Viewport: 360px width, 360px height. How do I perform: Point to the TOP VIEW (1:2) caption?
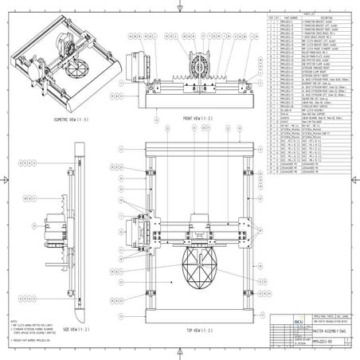198,329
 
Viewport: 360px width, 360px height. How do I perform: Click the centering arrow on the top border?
180,6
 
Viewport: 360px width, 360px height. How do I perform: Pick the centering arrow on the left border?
6,180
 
